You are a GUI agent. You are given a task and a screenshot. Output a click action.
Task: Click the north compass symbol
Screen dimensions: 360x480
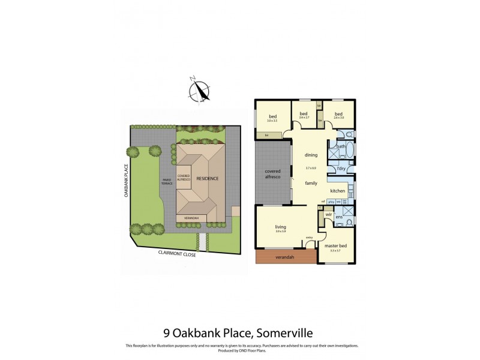[200, 91]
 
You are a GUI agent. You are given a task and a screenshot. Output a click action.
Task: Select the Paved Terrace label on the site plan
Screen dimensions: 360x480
[167, 181]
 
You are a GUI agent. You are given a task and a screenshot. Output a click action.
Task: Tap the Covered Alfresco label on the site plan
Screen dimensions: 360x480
[184, 178]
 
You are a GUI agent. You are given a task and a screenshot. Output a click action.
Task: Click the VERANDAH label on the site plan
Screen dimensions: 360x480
[191, 218]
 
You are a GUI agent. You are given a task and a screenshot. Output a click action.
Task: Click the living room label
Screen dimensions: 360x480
[281, 226]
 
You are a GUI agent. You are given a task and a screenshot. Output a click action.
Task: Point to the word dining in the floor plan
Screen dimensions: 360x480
[311, 155]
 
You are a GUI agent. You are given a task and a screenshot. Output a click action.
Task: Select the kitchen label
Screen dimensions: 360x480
[337, 191]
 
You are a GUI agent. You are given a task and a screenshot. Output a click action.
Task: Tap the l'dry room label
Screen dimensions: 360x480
[340, 168]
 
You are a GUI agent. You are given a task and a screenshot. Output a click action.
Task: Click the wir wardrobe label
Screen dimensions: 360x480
[329, 214]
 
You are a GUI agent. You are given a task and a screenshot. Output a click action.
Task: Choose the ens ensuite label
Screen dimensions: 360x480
[339, 217]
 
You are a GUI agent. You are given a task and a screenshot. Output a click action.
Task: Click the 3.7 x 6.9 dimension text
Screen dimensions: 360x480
[311, 167]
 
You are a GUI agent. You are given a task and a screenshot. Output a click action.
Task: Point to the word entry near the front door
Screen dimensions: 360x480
[310, 238]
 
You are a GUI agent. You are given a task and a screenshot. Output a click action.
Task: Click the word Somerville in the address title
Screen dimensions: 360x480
[291, 331]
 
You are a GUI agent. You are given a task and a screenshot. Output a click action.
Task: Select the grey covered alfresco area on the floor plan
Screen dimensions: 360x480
[273, 173]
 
